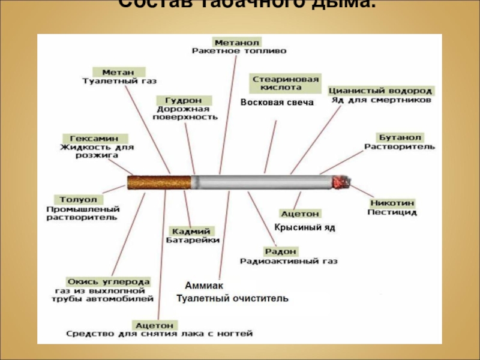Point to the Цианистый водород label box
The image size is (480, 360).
(381, 91)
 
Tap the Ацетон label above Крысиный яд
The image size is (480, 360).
(301, 214)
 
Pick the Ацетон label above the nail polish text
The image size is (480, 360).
(154, 325)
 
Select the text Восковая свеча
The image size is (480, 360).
(277, 103)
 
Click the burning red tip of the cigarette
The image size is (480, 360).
(341, 182)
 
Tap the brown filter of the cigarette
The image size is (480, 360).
(160, 182)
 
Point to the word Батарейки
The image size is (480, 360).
(192, 240)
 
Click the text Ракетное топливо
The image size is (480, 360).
(239, 52)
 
